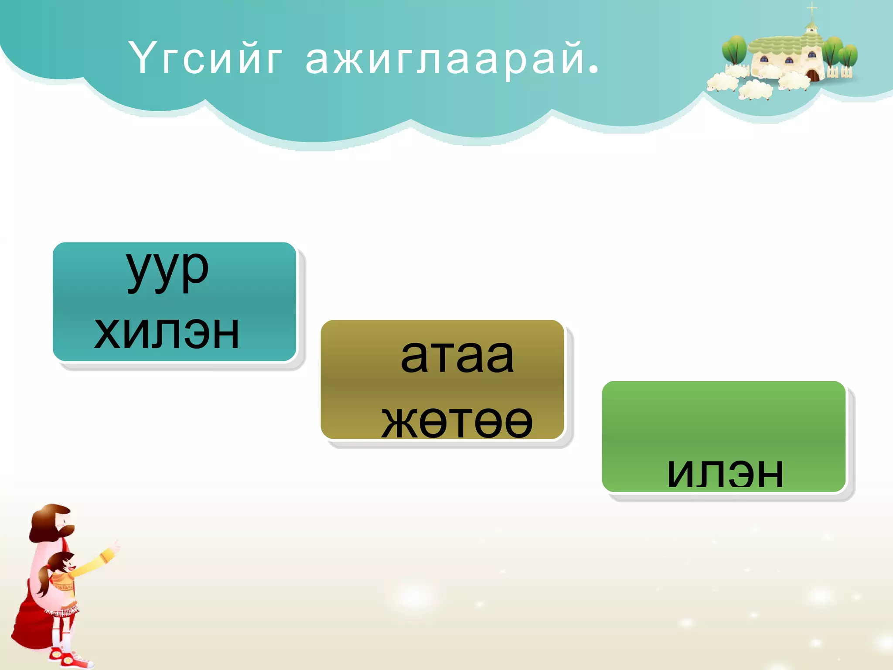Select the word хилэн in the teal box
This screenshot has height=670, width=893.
(167, 332)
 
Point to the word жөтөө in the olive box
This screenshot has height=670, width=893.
(457, 421)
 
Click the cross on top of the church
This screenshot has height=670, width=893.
(811, 9)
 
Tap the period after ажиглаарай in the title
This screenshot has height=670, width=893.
(593, 69)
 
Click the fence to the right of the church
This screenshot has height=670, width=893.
(839, 72)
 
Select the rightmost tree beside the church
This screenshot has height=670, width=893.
(848, 55)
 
